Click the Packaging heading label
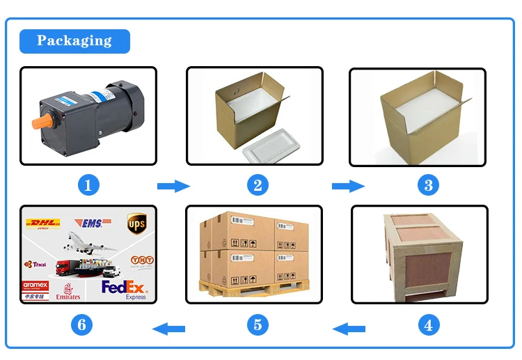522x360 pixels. [x=74, y=41]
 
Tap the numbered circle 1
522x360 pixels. [x=88, y=185]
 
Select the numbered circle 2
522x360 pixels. [x=258, y=185]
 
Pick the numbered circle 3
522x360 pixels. [x=428, y=185]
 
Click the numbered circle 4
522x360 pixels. [x=428, y=324]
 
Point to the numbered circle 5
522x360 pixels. [x=258, y=324]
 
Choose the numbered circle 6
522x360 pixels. [x=82, y=324]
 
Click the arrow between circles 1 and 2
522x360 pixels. [x=173, y=186]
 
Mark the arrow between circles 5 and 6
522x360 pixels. [x=169, y=327]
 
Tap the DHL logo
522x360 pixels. [x=42, y=224]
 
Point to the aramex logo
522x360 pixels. [x=35, y=285]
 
